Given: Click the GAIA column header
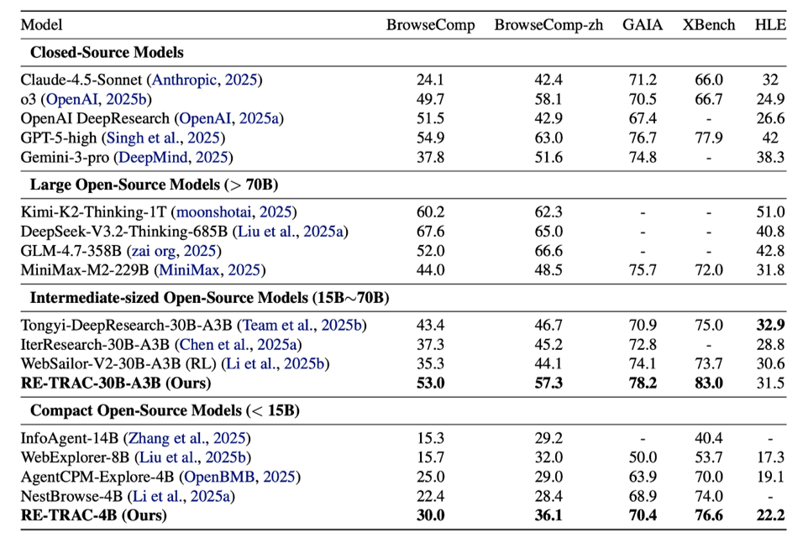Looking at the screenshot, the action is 642,24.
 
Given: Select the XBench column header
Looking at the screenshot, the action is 709,24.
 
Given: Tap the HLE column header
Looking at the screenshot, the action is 770,24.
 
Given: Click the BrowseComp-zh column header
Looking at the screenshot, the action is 548,25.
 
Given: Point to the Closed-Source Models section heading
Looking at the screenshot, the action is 107,53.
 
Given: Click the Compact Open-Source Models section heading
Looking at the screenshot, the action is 165,410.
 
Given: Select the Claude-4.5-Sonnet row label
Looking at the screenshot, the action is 81,80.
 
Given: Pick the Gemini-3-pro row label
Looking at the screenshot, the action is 65,157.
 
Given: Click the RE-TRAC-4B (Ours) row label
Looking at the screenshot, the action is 94,515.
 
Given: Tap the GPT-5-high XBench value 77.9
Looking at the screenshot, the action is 709,138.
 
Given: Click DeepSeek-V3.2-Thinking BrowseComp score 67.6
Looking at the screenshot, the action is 430,231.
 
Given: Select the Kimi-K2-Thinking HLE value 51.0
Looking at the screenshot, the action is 770,212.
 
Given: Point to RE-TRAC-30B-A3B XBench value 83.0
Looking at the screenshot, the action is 709,383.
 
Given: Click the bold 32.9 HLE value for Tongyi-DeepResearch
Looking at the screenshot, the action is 770,326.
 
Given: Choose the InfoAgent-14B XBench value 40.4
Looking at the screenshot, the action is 709,438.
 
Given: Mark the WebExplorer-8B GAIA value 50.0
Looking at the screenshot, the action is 642,457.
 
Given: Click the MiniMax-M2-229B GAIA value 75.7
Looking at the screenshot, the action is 642,269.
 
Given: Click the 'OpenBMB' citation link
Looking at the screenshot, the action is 219,477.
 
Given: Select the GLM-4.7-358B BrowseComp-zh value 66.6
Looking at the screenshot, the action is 548,251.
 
